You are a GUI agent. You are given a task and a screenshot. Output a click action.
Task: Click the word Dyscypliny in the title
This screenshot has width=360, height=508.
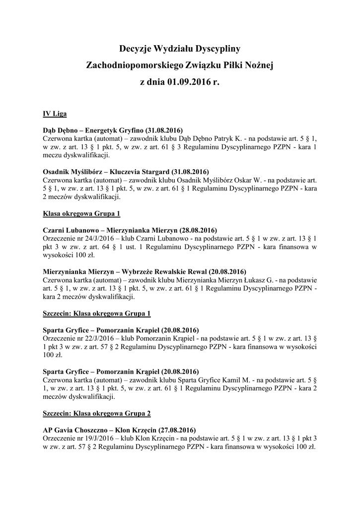tap(218, 49)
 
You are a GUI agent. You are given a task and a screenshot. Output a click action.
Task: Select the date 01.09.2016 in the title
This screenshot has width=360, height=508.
tap(187, 81)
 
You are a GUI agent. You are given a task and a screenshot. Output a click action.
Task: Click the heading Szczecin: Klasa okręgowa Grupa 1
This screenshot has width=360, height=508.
tap(96, 313)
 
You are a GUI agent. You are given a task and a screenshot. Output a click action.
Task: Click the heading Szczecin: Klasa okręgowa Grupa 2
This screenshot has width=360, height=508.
tap(96, 413)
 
